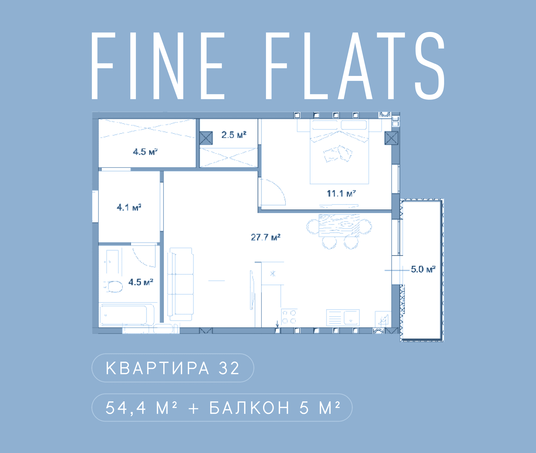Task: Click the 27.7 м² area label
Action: click(266, 237)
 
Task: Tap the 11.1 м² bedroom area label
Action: click(341, 194)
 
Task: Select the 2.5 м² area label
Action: click(234, 135)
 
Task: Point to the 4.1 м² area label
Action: click(129, 207)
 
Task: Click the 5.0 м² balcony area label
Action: click(423, 269)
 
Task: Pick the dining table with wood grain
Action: click(339, 225)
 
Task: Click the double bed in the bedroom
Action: click(339, 152)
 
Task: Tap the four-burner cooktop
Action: click(289, 317)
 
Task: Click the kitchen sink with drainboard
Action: click(343, 318)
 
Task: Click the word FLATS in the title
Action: click(355, 66)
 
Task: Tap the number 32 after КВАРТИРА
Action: click(229, 368)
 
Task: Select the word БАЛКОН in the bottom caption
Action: click(249, 408)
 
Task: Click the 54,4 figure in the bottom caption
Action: click(126, 408)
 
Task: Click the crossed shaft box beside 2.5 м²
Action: click(206, 138)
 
